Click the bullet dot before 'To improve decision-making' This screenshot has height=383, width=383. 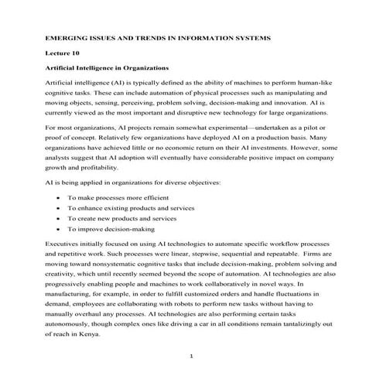tap(60, 229)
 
